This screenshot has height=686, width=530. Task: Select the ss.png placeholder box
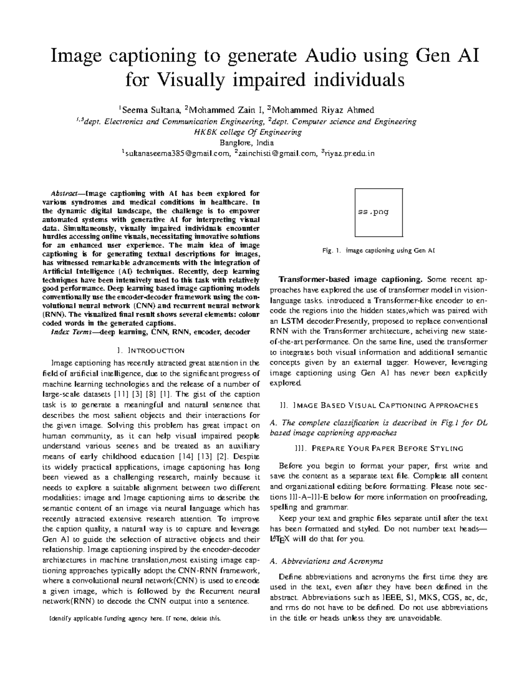[x=379, y=212]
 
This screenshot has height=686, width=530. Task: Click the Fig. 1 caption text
[x=379, y=251]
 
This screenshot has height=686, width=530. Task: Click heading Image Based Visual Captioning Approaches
[x=379, y=405]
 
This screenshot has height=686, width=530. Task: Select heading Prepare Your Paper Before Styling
[x=379, y=448]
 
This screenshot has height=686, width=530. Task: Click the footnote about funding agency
[x=135, y=618]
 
